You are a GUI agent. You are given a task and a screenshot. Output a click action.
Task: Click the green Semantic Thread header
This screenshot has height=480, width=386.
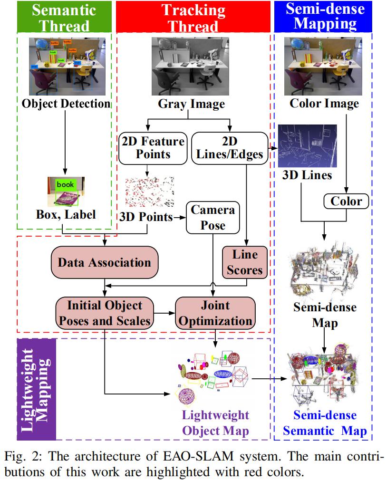[x=65, y=17]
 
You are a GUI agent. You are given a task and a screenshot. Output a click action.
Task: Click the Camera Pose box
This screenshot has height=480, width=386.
[x=213, y=217]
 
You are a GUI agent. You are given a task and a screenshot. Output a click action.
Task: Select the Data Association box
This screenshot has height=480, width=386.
[x=104, y=262]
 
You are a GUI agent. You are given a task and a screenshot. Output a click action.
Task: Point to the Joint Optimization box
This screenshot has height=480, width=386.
[x=216, y=312]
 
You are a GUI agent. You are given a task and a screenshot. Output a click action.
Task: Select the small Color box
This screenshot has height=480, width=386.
[x=347, y=202]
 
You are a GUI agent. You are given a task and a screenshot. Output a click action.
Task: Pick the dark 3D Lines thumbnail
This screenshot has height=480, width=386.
[x=307, y=145]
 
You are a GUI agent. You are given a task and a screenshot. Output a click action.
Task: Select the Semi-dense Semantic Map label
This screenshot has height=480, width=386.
[x=325, y=423]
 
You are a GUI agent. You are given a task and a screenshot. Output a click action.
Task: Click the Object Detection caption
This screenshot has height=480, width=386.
[x=66, y=103]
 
